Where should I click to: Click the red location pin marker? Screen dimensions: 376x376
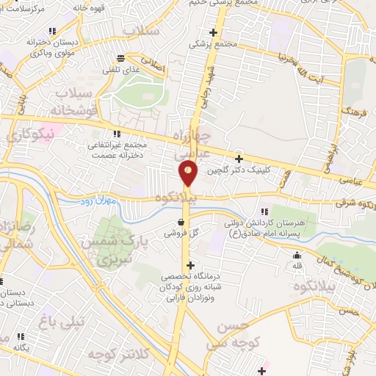point(188,173)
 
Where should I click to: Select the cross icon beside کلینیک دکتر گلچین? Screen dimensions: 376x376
point(238,159)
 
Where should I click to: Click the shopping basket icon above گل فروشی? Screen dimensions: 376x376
point(181,222)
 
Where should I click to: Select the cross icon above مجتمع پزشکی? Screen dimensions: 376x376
point(214,32)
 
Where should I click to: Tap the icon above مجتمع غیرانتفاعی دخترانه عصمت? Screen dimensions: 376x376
point(116,134)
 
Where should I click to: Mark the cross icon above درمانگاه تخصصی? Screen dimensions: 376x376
point(191,265)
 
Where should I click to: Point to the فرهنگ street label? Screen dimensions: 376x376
point(358,111)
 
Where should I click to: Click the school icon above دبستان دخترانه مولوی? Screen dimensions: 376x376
point(51,31)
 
